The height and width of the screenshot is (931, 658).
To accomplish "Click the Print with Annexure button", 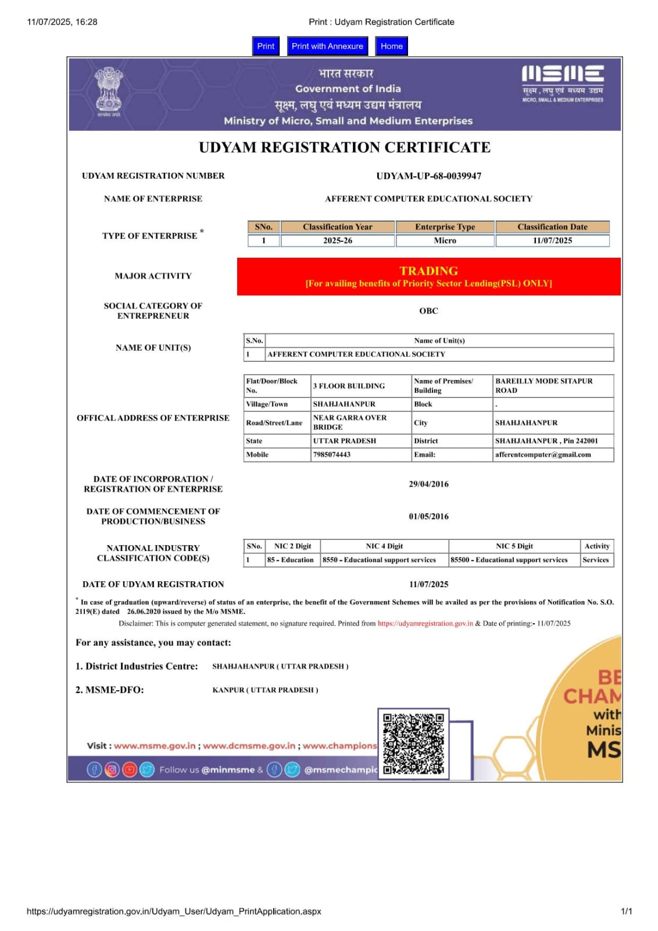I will (327, 46).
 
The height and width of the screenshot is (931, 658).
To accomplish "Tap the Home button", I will (391, 46).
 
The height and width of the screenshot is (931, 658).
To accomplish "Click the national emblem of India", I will (109, 91).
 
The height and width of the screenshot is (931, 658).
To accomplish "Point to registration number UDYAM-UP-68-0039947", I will (428, 176).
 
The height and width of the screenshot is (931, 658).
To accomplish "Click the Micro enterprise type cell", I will (445, 240).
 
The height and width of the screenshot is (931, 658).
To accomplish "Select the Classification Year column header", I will (337, 227).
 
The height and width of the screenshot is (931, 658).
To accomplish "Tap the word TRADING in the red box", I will (428, 271).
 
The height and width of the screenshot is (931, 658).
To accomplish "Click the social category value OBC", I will (428, 311).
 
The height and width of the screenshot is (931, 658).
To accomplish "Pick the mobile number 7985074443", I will (332, 454).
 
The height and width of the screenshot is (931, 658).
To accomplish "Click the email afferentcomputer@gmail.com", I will (543, 454).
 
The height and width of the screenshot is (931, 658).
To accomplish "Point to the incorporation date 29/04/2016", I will (428, 484).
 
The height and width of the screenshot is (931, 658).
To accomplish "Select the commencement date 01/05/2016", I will (428, 516).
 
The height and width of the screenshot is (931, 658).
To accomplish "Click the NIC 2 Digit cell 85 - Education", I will (290, 560).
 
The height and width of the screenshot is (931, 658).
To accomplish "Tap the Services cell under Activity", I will (595, 560).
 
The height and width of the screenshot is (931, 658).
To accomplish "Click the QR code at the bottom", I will (413, 744).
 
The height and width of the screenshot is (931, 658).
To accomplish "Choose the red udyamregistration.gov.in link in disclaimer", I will (425, 623).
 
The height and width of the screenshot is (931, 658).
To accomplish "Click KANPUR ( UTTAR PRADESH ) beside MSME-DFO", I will (265, 690).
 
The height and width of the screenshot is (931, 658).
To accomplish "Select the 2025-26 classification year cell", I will (337, 240).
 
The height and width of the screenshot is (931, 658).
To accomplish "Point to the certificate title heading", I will (345, 147).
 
